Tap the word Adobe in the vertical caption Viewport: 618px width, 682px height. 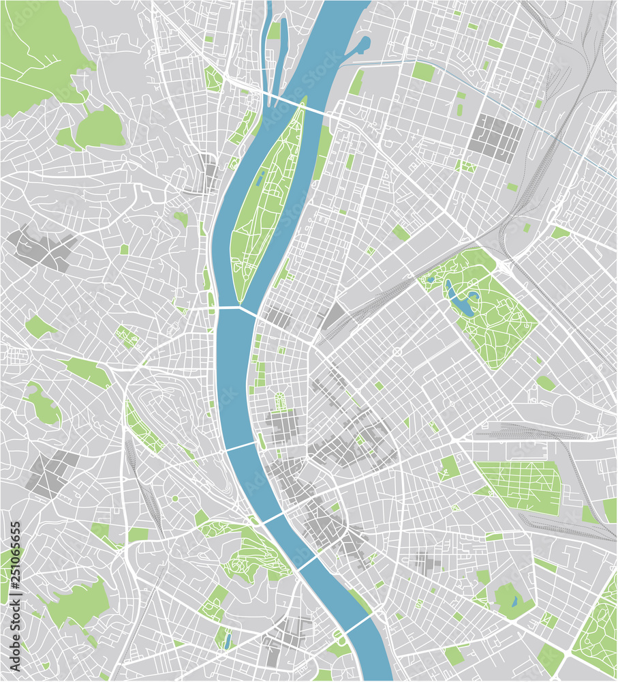point(15,654)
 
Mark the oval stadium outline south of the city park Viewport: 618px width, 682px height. point(565,409)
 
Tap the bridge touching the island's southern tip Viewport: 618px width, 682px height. point(238,310)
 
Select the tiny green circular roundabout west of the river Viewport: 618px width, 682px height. point(174,499)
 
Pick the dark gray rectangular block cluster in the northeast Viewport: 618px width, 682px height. point(496,136)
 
